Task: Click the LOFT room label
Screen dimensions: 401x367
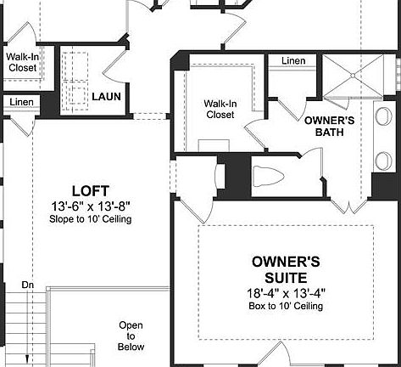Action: pyautogui.click(x=91, y=191)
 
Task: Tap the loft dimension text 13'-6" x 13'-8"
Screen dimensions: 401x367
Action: pyautogui.click(x=91, y=206)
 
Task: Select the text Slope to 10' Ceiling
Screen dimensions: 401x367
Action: pyautogui.click(x=91, y=219)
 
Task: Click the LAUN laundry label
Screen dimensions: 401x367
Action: pyautogui.click(x=106, y=97)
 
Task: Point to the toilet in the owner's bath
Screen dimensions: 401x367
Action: pyautogui.click(x=268, y=176)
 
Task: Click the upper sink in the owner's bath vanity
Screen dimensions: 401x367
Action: pyautogui.click(x=383, y=117)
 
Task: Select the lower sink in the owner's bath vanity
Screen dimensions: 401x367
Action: pyautogui.click(x=383, y=161)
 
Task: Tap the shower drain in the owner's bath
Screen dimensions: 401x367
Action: pyautogui.click(x=353, y=76)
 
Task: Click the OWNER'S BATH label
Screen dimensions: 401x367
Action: pyautogui.click(x=329, y=127)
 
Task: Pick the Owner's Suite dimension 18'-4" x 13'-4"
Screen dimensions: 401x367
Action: pyautogui.click(x=287, y=293)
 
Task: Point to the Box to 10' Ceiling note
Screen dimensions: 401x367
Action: pyautogui.click(x=286, y=306)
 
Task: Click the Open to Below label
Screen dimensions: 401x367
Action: pyautogui.click(x=131, y=336)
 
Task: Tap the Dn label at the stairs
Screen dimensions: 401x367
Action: pyautogui.click(x=27, y=285)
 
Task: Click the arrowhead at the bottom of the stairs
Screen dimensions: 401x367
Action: pyautogui.click(x=27, y=359)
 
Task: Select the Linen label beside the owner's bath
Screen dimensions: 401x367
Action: pyautogui.click(x=293, y=60)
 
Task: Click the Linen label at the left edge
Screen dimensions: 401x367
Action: pyautogui.click(x=21, y=102)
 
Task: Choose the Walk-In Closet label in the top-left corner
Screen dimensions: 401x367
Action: pyautogui.click(x=22, y=62)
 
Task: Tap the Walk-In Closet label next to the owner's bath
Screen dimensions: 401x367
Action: pyautogui.click(x=220, y=109)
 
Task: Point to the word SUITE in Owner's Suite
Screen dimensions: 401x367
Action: pyautogui.click(x=286, y=278)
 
